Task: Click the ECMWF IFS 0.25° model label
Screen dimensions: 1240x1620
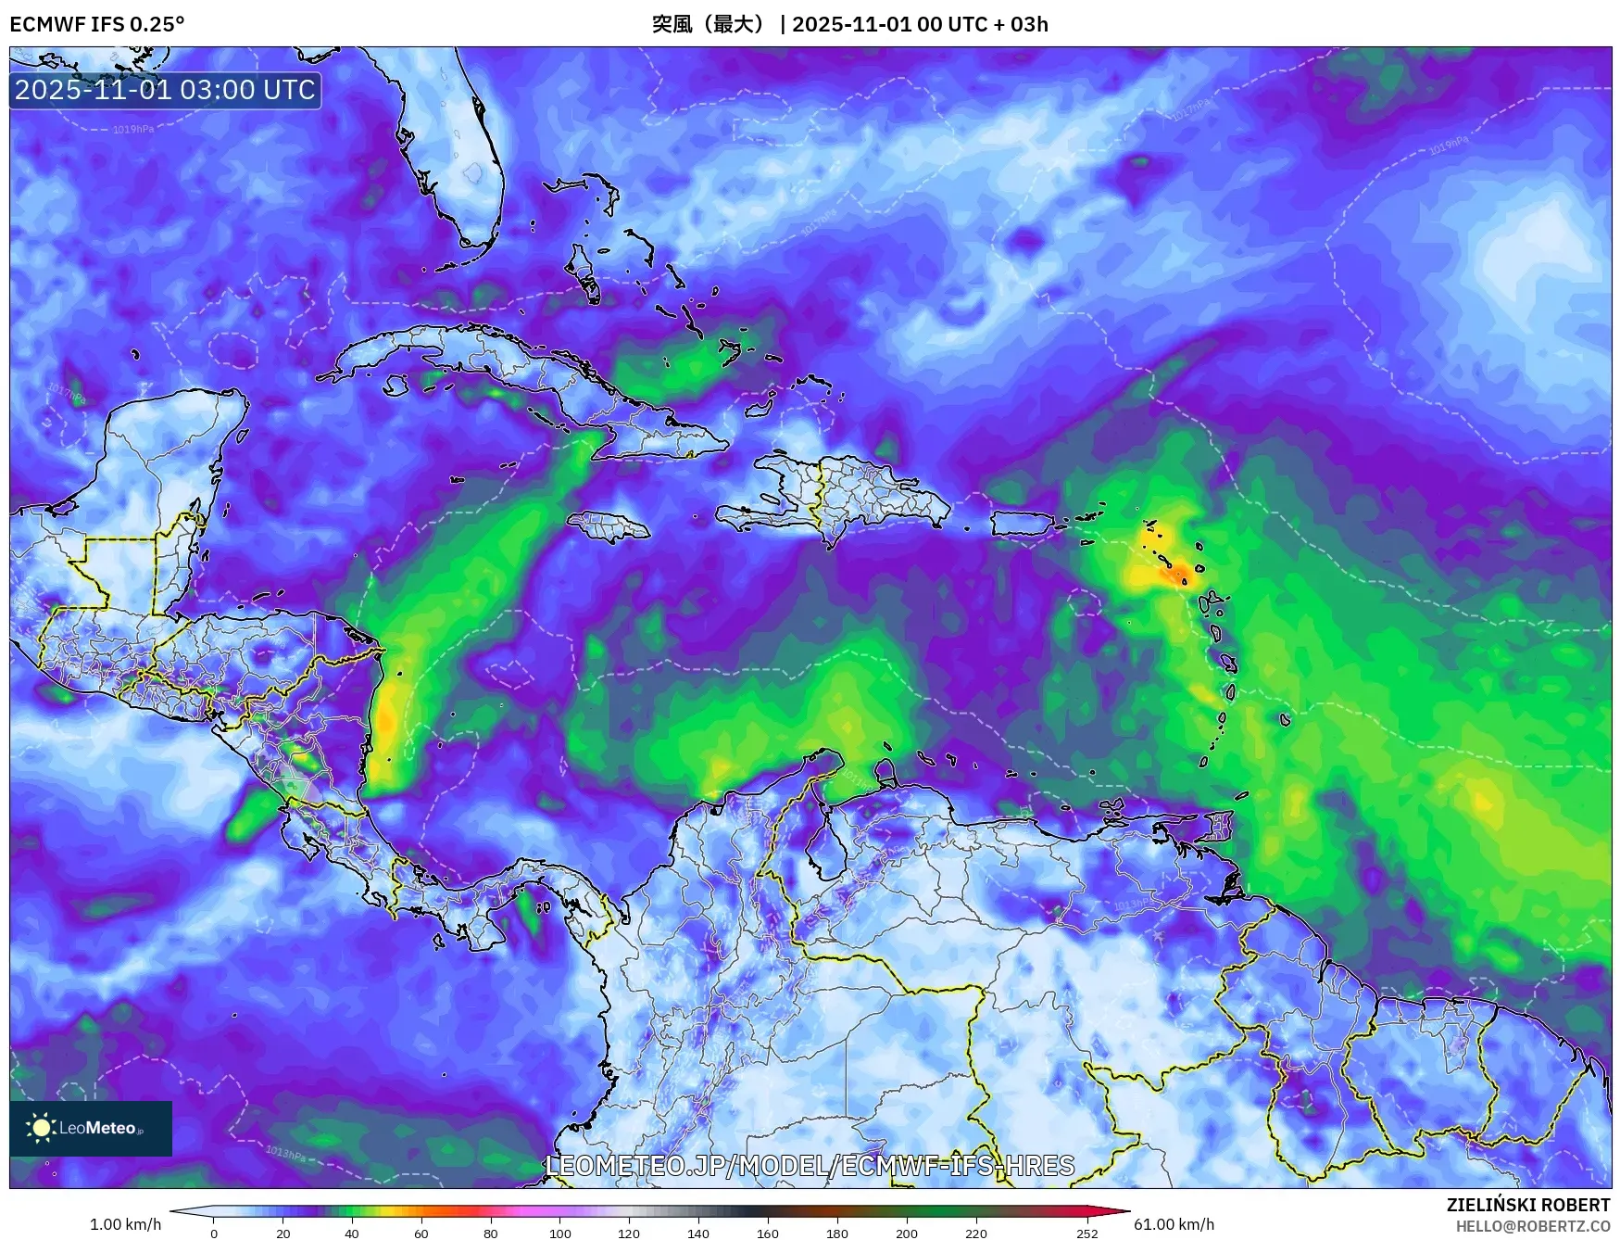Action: (96, 24)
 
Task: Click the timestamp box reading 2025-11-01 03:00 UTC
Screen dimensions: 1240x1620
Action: (165, 90)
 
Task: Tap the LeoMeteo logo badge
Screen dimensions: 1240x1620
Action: (91, 1128)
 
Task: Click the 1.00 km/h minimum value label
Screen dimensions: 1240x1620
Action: (125, 1224)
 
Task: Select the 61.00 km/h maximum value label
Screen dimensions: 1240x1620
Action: (1174, 1224)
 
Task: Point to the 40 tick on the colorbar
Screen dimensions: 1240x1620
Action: (352, 1233)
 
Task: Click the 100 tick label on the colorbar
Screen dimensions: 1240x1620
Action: (559, 1234)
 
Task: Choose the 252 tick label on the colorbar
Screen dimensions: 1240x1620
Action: (1087, 1234)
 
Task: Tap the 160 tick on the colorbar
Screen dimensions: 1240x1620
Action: (768, 1233)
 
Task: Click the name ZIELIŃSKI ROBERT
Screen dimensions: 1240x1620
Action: (1527, 1205)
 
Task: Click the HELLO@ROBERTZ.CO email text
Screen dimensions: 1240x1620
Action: (1532, 1226)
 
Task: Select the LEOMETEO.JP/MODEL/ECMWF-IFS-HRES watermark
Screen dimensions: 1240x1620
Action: (810, 1165)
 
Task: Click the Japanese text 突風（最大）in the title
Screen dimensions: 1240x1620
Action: (711, 24)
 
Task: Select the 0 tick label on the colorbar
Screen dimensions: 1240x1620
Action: (214, 1234)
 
